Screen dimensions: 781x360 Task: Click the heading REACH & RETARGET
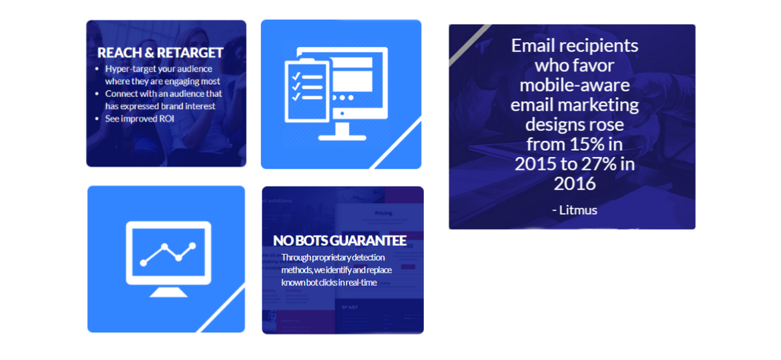point(160,53)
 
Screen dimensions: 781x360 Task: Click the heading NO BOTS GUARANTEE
point(340,240)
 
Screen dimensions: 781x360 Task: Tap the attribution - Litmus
point(574,210)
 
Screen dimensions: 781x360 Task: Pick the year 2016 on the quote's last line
point(575,184)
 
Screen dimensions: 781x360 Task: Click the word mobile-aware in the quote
point(575,85)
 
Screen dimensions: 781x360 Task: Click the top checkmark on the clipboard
point(296,76)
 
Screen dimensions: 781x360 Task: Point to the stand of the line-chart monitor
point(168,291)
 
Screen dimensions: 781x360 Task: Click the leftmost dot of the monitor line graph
point(144,262)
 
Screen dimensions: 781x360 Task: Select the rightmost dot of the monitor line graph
point(193,246)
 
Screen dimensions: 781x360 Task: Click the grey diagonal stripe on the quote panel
point(470,45)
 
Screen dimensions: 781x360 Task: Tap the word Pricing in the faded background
point(383,214)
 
